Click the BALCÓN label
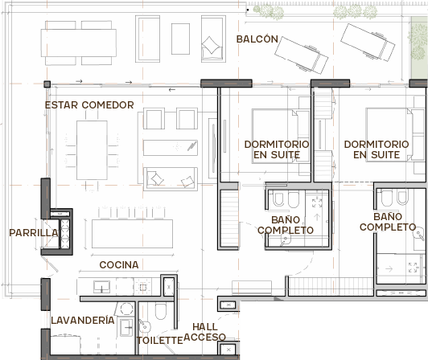(257, 39)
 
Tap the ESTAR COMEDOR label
(89, 105)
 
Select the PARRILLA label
(34, 233)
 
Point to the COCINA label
(119, 265)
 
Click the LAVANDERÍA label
(83, 320)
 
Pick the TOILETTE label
(159, 341)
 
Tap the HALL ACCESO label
(204, 332)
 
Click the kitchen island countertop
(132, 234)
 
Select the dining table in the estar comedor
(92, 150)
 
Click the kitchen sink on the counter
(101, 287)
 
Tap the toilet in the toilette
(161, 311)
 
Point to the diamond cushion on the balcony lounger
(211, 45)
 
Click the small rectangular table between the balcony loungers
(180, 39)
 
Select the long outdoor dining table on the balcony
(79, 43)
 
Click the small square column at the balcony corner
(47, 84)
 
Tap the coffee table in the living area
(171, 148)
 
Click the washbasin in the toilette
(144, 326)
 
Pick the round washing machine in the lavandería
(126, 309)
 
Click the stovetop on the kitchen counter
(143, 287)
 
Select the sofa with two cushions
(171, 178)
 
